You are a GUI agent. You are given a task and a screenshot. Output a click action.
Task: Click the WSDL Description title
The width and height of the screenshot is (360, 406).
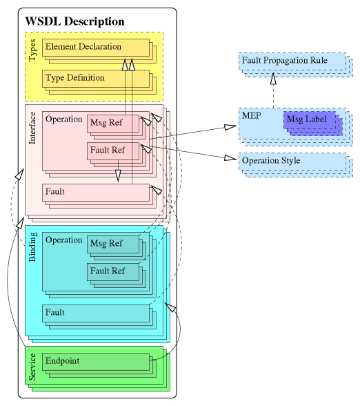(74, 21)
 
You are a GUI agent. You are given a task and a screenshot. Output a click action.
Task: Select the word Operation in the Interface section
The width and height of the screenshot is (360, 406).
(63, 119)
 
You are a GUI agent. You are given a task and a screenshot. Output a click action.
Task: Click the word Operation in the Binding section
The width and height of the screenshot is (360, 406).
(63, 240)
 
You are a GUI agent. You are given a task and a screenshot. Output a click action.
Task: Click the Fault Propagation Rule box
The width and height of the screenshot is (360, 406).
(289, 61)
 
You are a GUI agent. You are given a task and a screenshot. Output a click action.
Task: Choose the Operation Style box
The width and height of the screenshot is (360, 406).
(290, 160)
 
